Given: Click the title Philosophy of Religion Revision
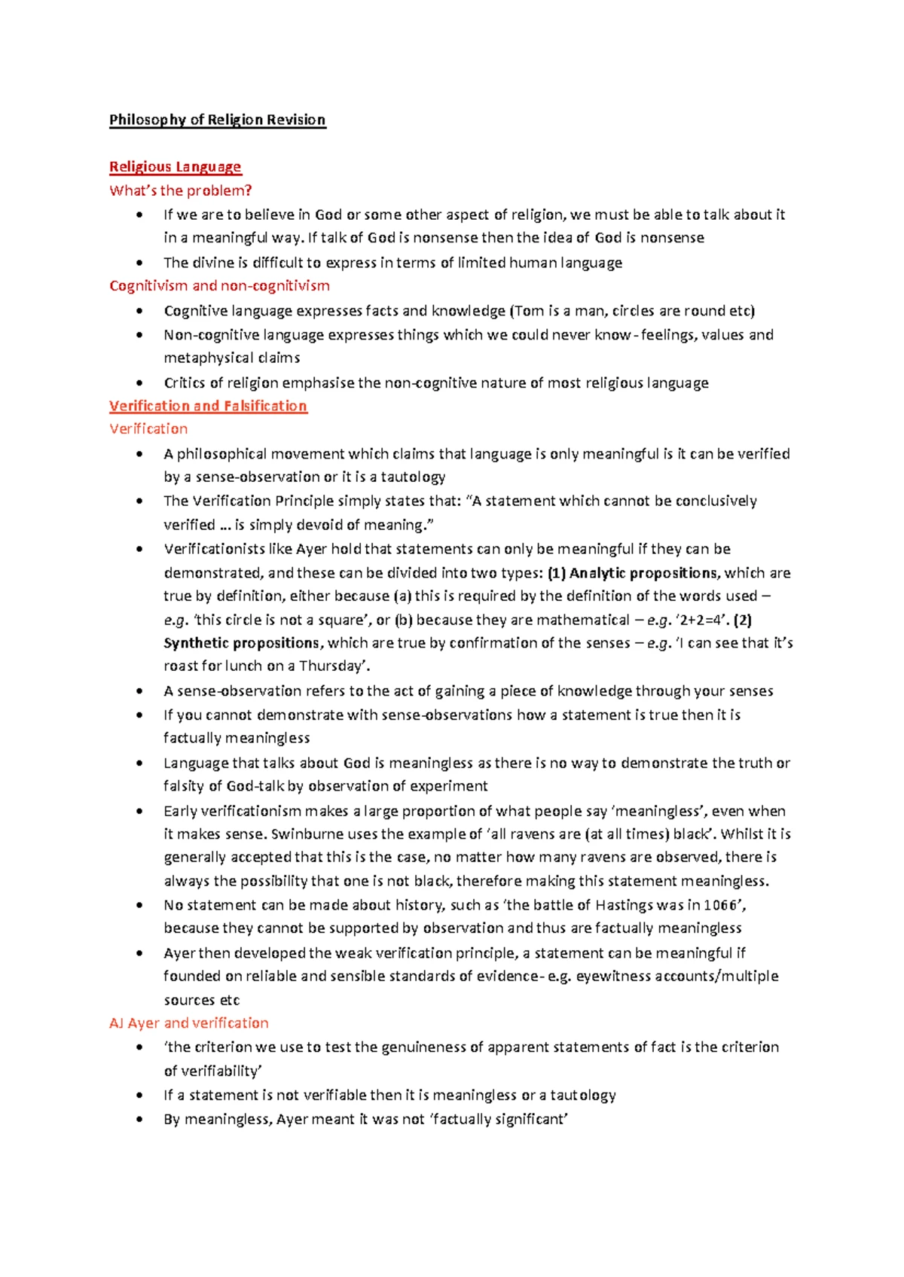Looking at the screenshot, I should point(217,120).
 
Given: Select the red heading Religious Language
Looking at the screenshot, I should point(175,166).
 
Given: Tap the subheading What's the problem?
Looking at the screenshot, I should point(180,190).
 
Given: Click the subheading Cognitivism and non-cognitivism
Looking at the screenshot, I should point(219,285).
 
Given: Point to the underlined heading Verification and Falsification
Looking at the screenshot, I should point(208,406).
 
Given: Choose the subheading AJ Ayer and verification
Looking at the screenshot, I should point(188,1023).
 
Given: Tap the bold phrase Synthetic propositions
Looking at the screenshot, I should point(241,643).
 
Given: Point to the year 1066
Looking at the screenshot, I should point(720,905).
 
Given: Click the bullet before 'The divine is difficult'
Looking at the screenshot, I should point(139,263).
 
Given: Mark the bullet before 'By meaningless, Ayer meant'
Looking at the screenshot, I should point(139,1120).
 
